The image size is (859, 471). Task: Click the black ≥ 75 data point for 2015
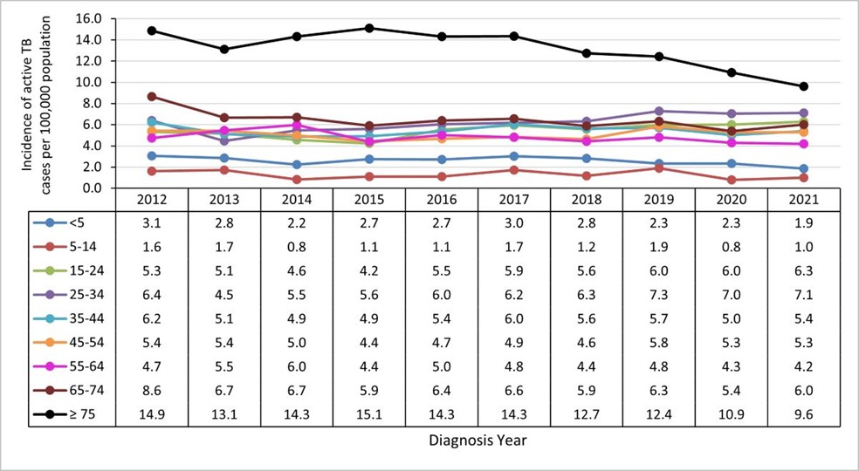click(x=368, y=28)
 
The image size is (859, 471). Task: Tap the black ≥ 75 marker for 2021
click(x=803, y=86)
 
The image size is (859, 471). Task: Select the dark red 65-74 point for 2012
click(x=152, y=97)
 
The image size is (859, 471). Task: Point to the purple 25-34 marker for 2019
click(x=658, y=112)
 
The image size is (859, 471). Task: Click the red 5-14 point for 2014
click(x=297, y=180)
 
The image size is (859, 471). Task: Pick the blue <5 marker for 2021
click(x=803, y=168)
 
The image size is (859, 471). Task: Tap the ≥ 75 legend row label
click(x=86, y=414)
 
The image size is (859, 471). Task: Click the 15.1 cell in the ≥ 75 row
click(x=368, y=414)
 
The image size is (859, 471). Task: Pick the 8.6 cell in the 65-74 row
click(x=152, y=390)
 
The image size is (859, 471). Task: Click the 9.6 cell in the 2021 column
click(x=803, y=414)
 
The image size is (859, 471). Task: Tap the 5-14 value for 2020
click(x=731, y=245)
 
